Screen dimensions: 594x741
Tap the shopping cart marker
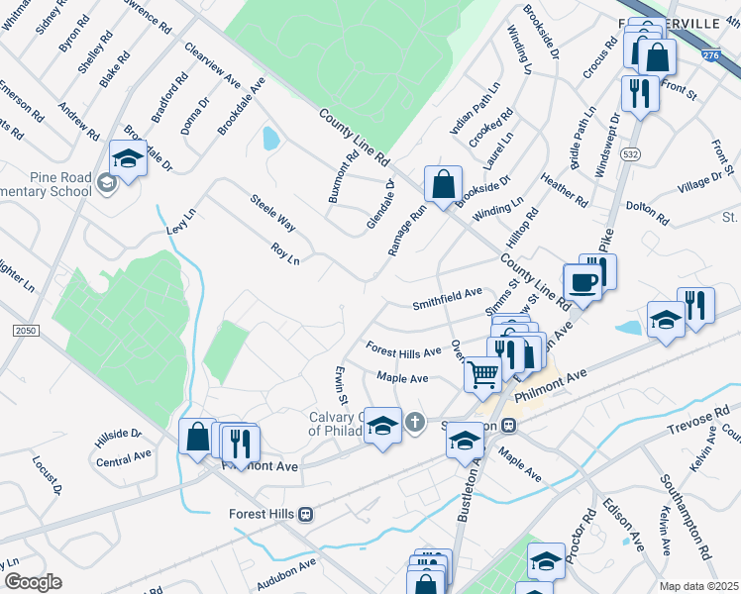point(482,374)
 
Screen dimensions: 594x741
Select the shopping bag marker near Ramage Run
point(443,183)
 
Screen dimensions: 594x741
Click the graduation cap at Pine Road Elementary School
point(128,158)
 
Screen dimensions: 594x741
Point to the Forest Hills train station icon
point(306,514)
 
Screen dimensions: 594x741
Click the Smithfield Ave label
point(448,293)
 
